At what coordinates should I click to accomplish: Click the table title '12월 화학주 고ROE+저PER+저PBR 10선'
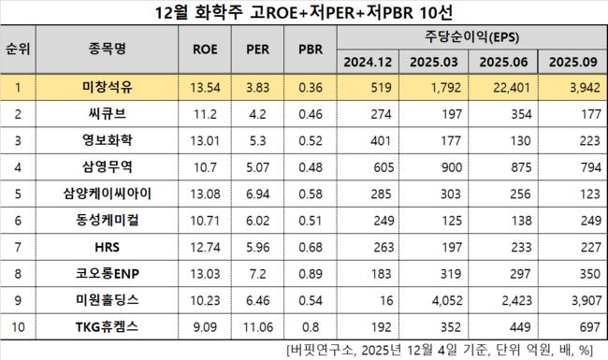coord(303,13)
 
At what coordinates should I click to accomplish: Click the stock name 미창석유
coord(112,89)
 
